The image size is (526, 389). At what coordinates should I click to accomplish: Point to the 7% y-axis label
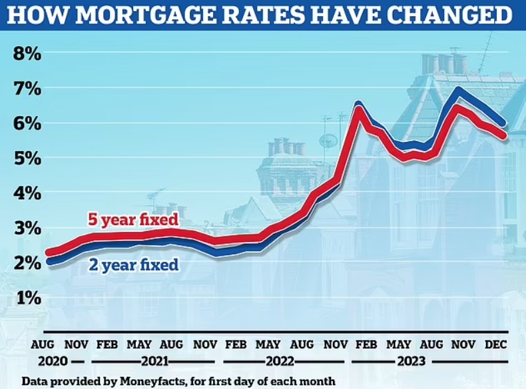[27, 89]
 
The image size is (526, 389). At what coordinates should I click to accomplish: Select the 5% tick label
[27, 159]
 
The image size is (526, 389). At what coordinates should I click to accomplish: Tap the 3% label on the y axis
[27, 228]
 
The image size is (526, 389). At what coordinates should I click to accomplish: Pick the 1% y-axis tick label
[27, 298]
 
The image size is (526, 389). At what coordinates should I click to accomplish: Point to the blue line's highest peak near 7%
[457, 91]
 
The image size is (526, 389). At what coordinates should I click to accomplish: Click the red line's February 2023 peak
[358, 109]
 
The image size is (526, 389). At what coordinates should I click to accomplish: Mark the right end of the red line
[503, 135]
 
